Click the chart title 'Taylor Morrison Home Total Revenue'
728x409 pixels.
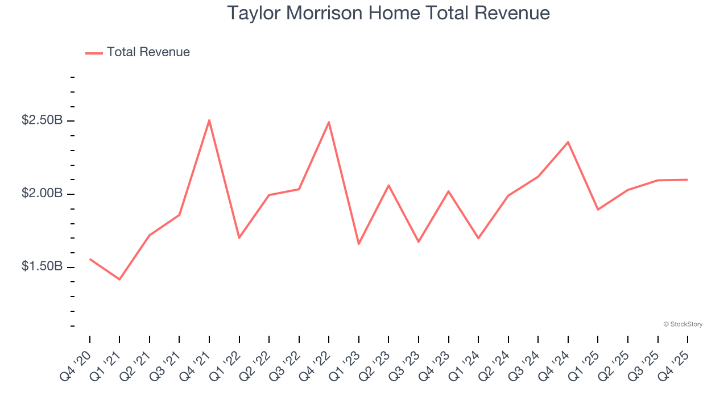[388, 13]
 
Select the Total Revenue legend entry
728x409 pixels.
[138, 52]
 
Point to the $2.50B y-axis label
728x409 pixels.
[42, 120]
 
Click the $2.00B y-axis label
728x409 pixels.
[42, 194]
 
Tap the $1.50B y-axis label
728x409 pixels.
[42, 266]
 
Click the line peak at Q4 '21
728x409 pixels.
[209, 120]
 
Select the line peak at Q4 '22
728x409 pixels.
[329, 122]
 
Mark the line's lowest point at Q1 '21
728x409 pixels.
[119, 279]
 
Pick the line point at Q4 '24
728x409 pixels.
[568, 142]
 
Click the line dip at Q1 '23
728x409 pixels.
[359, 244]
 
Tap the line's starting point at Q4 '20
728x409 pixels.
[90, 259]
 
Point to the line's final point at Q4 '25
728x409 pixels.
[687, 180]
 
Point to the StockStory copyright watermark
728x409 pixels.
[682, 324]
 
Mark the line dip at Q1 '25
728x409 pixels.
[598, 210]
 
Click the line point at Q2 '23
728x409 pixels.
[388, 185]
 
